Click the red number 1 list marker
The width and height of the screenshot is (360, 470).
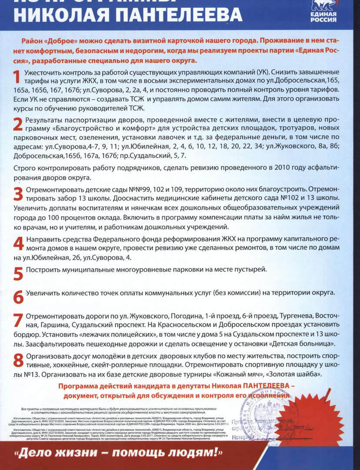tap(17, 77)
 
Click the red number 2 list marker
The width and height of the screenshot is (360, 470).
tap(17, 124)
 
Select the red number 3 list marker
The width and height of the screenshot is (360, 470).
tap(18, 194)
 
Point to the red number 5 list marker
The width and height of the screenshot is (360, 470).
tap(18, 274)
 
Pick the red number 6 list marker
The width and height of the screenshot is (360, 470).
tap(18, 296)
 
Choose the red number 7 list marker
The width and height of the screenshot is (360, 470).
tap(18, 320)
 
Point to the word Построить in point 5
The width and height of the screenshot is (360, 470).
tap(43, 270)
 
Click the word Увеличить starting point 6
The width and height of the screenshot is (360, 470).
tap(43, 293)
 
